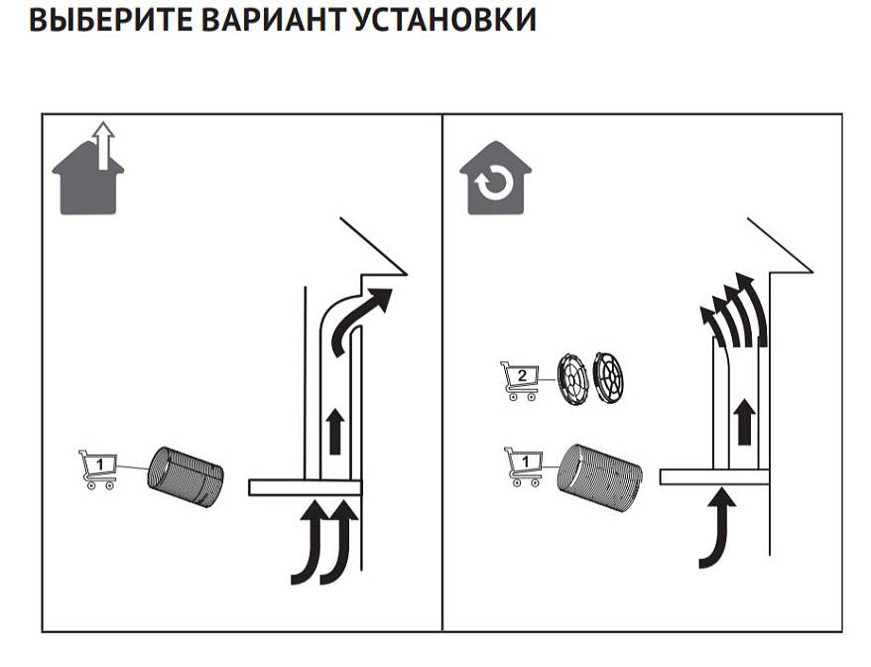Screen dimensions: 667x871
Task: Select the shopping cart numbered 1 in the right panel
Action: tap(523, 466)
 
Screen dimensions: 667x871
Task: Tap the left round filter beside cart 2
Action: tap(572, 378)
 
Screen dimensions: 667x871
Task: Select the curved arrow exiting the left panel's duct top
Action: tap(360, 318)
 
